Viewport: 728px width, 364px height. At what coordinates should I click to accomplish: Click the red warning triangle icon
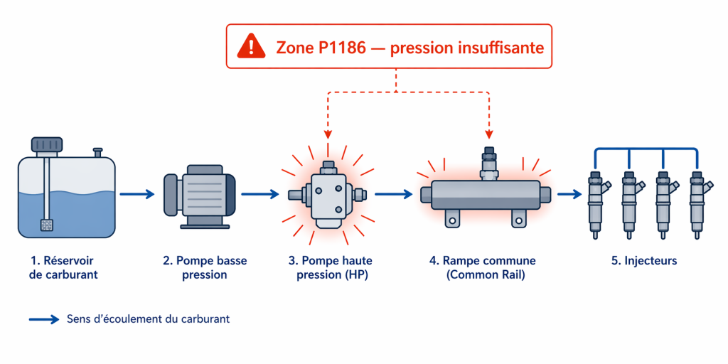pyautogui.click(x=251, y=47)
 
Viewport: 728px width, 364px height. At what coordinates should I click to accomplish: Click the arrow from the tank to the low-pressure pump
pyautogui.click(x=137, y=194)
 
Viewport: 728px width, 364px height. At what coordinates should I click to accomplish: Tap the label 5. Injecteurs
pyautogui.click(x=643, y=261)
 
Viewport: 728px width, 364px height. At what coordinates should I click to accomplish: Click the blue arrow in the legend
pyautogui.click(x=44, y=319)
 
